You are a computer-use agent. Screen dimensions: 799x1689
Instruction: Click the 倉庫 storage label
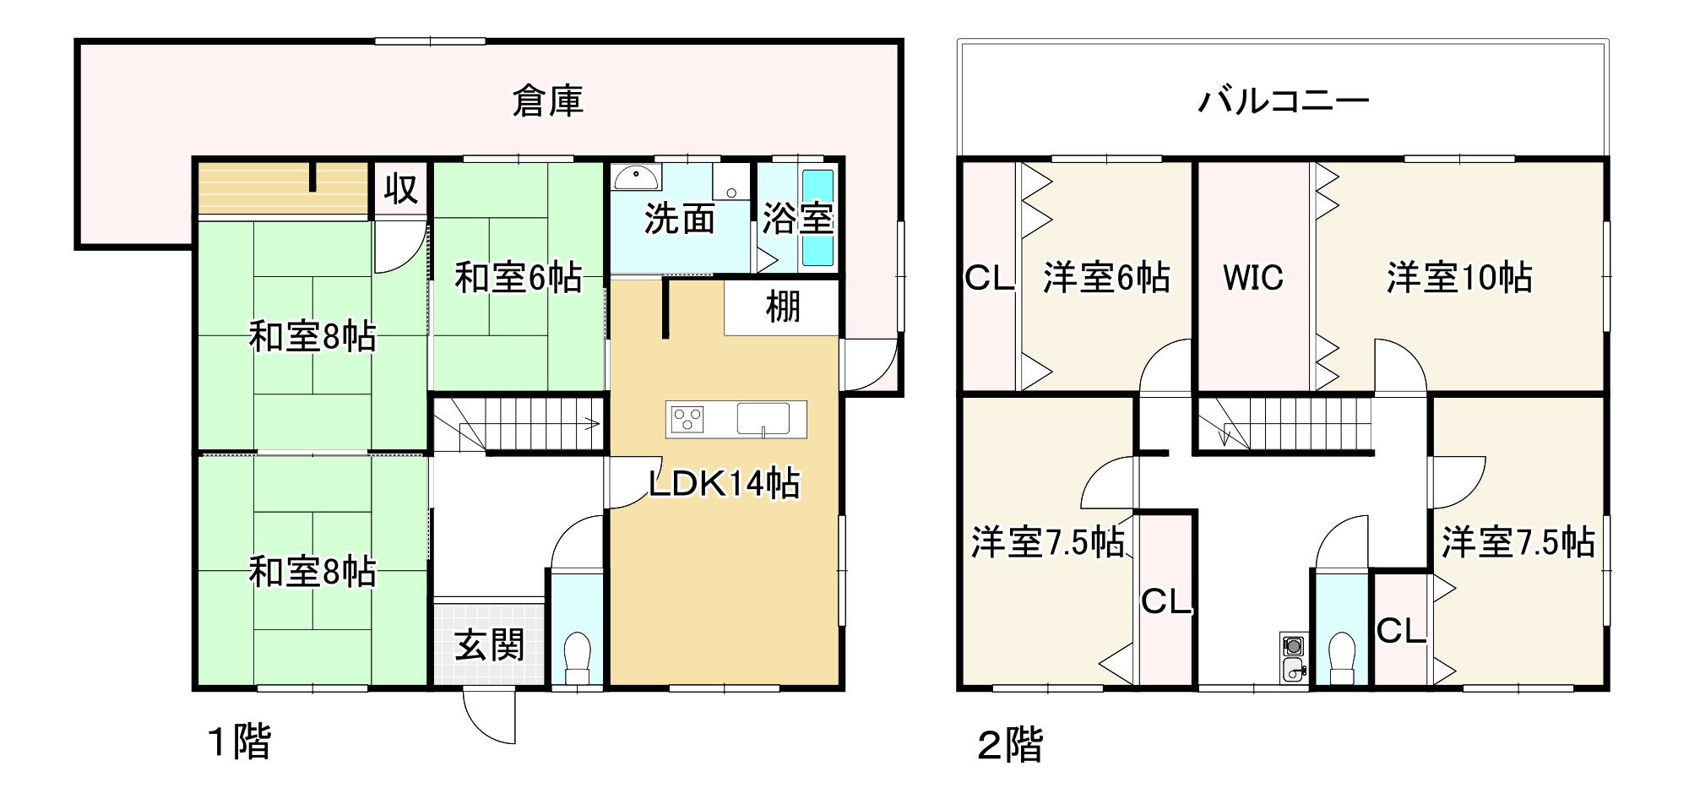(547, 101)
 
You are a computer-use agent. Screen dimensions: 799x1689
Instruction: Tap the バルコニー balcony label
(1283, 101)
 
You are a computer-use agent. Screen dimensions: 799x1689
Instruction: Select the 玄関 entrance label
(489, 645)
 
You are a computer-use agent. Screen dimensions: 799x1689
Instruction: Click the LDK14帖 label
(724, 484)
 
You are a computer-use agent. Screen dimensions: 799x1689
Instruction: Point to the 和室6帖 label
(518, 277)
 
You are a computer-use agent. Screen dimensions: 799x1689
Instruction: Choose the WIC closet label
(1253, 277)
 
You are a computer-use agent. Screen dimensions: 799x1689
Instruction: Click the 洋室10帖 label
(1459, 277)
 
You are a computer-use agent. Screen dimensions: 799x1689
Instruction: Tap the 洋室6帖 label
(1106, 277)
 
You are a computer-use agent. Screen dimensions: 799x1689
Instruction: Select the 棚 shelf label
(782, 307)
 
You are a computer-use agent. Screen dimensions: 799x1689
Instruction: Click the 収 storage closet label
(400, 189)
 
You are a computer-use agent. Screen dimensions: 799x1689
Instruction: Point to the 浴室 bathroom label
(797, 219)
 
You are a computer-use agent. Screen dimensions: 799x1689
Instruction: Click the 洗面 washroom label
(679, 219)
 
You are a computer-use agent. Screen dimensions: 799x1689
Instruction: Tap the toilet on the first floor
(578, 658)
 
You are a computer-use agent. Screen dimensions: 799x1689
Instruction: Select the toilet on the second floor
(1341, 658)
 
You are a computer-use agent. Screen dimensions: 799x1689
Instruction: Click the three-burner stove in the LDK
(686, 419)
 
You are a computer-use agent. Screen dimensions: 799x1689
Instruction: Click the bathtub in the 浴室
(817, 218)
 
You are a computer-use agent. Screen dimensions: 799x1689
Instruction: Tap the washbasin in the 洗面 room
(637, 177)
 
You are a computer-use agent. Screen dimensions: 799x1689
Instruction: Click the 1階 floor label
(240, 743)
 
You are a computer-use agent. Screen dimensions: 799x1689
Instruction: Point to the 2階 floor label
(1010, 745)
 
